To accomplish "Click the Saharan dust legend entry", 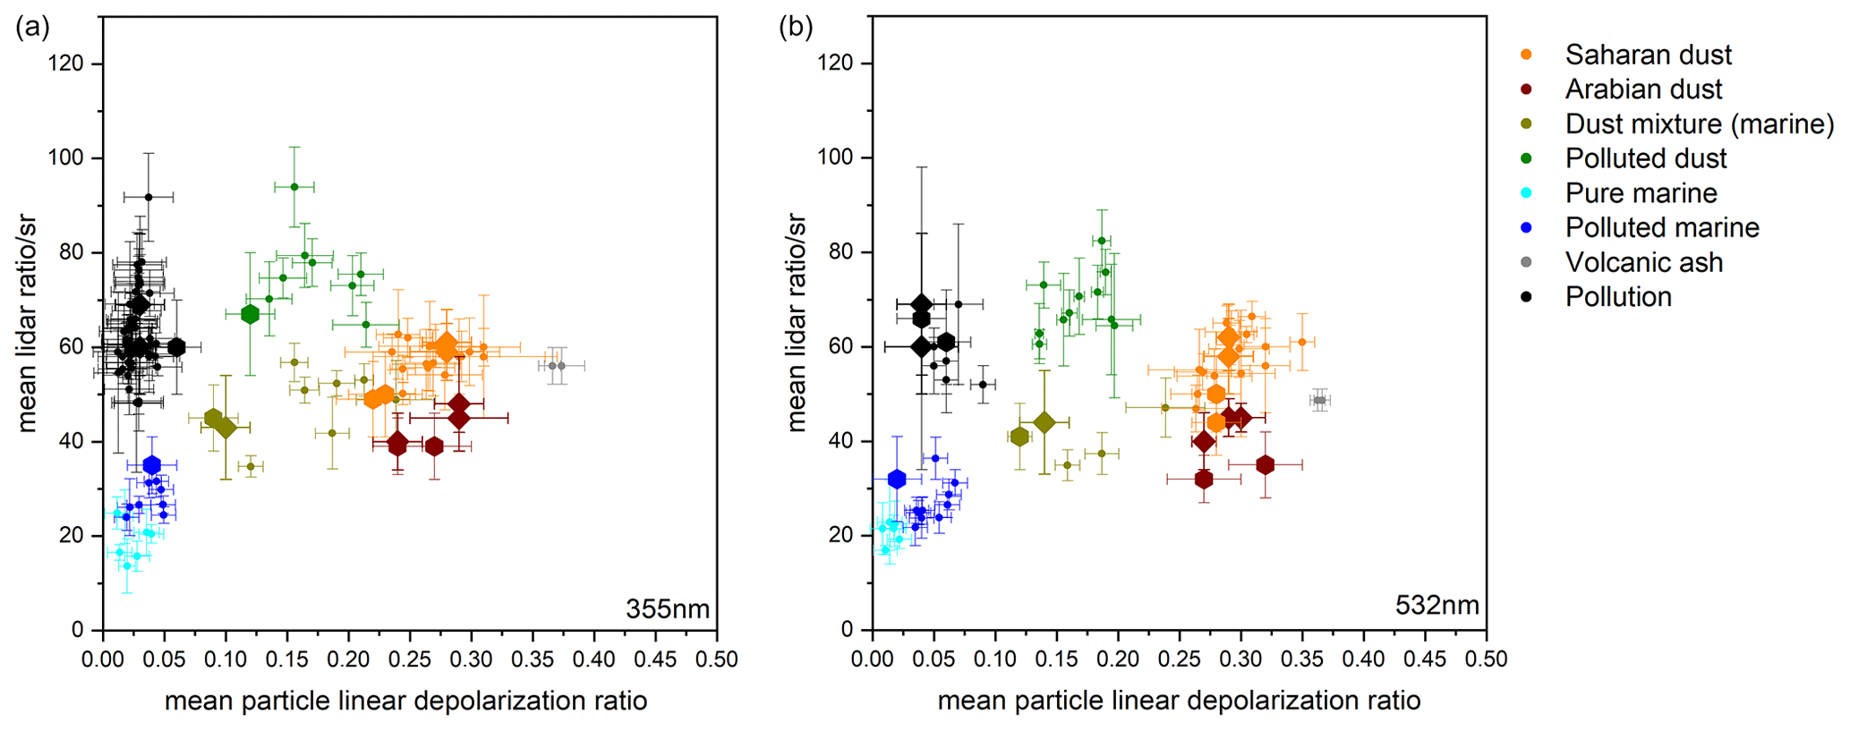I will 1648,55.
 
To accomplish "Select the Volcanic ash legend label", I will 1643,262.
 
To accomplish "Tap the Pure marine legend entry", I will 1641,193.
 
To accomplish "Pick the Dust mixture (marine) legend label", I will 1699,123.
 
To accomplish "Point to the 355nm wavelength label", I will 668,609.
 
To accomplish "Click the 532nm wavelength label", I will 1437,606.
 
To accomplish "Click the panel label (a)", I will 33,27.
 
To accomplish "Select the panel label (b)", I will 796,27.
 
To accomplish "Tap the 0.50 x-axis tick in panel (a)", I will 717,659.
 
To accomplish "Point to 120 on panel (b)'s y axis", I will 834,64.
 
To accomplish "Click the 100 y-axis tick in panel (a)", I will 64,158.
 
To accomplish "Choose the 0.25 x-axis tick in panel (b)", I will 1180,659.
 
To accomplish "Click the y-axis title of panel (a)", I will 26,322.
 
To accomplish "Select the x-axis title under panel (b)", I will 1179,701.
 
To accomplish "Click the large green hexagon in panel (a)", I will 250,314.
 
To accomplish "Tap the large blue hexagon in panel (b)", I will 897,479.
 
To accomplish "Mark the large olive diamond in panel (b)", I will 1044,422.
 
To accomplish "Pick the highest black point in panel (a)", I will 149,197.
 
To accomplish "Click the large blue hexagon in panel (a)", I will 152,464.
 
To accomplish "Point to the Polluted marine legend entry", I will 1661,228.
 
